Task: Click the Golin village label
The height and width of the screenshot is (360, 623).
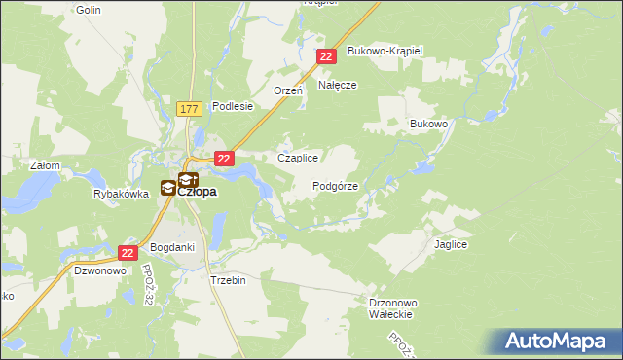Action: click(88, 9)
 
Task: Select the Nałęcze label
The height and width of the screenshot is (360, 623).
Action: click(338, 85)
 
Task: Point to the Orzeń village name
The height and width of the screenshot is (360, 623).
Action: click(288, 90)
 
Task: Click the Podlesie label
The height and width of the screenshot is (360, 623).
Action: click(233, 106)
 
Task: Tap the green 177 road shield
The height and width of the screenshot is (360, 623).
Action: click(190, 110)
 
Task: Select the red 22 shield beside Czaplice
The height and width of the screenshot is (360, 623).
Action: click(224, 159)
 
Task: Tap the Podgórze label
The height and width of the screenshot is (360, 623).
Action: click(336, 186)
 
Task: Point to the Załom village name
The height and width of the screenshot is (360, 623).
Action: click(46, 165)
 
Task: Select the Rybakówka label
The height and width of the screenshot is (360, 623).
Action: click(121, 194)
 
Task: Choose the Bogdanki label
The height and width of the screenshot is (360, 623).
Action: click(174, 247)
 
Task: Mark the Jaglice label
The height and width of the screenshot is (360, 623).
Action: click(452, 246)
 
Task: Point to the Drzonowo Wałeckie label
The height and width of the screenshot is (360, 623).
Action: click(394, 308)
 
